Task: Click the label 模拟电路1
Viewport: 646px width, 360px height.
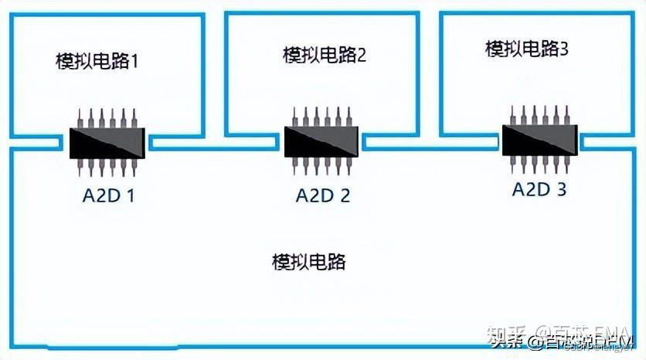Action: tap(97, 60)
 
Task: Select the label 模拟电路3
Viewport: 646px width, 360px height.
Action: tap(527, 49)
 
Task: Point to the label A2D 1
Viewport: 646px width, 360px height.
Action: tap(109, 195)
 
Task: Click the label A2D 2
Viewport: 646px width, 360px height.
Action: tap(322, 195)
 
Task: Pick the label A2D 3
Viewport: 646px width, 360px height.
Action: tap(539, 188)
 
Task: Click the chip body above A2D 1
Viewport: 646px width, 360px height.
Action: tap(108, 143)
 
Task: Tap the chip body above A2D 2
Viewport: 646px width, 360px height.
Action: tap(321, 141)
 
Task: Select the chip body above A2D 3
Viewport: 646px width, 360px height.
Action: tap(539, 139)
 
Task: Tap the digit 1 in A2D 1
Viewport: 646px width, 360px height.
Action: tap(131, 195)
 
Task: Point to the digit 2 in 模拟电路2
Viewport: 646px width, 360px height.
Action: tap(360, 55)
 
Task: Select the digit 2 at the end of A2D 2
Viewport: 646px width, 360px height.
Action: tap(344, 195)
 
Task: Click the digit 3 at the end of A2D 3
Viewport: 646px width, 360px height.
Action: tap(561, 188)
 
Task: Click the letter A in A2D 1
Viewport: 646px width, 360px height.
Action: tap(88, 195)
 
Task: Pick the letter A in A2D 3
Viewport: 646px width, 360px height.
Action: tap(518, 188)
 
